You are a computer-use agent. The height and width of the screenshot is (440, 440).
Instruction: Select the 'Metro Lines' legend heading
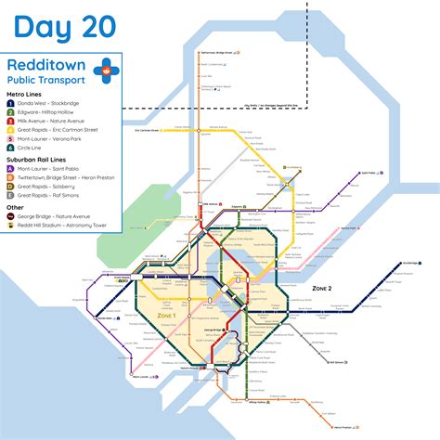(25, 95)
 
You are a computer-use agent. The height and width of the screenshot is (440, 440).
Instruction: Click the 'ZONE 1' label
(167, 316)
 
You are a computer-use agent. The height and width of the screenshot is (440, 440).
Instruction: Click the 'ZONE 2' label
(321, 290)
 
